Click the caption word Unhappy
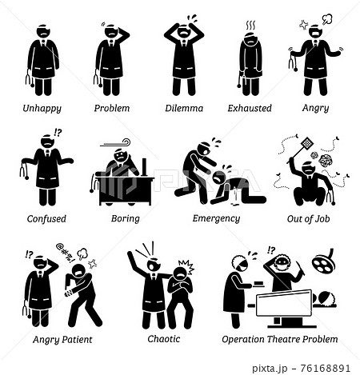pyautogui.click(x=42, y=109)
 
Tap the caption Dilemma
pyautogui.click(x=184, y=108)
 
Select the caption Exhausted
pyautogui.click(x=250, y=108)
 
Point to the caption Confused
pyautogui.click(x=46, y=218)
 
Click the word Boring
pyautogui.click(x=126, y=219)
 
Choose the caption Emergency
pyautogui.click(x=216, y=218)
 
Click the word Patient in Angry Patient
pyautogui.click(x=77, y=339)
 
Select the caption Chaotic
pyautogui.click(x=164, y=339)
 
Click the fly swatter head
pyautogui.click(x=307, y=144)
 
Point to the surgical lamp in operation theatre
pyautogui.click(x=324, y=261)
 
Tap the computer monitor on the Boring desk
pyautogui.click(x=144, y=167)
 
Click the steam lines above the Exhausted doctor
pyautogui.click(x=250, y=26)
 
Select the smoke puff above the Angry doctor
pyautogui.click(x=327, y=19)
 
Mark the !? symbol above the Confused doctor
pyautogui.click(x=58, y=133)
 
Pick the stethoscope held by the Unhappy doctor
pyautogui.click(x=29, y=78)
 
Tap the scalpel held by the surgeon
pyautogui.click(x=301, y=268)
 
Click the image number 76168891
pyautogui.click(x=325, y=368)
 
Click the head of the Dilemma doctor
pyautogui.click(x=184, y=31)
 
